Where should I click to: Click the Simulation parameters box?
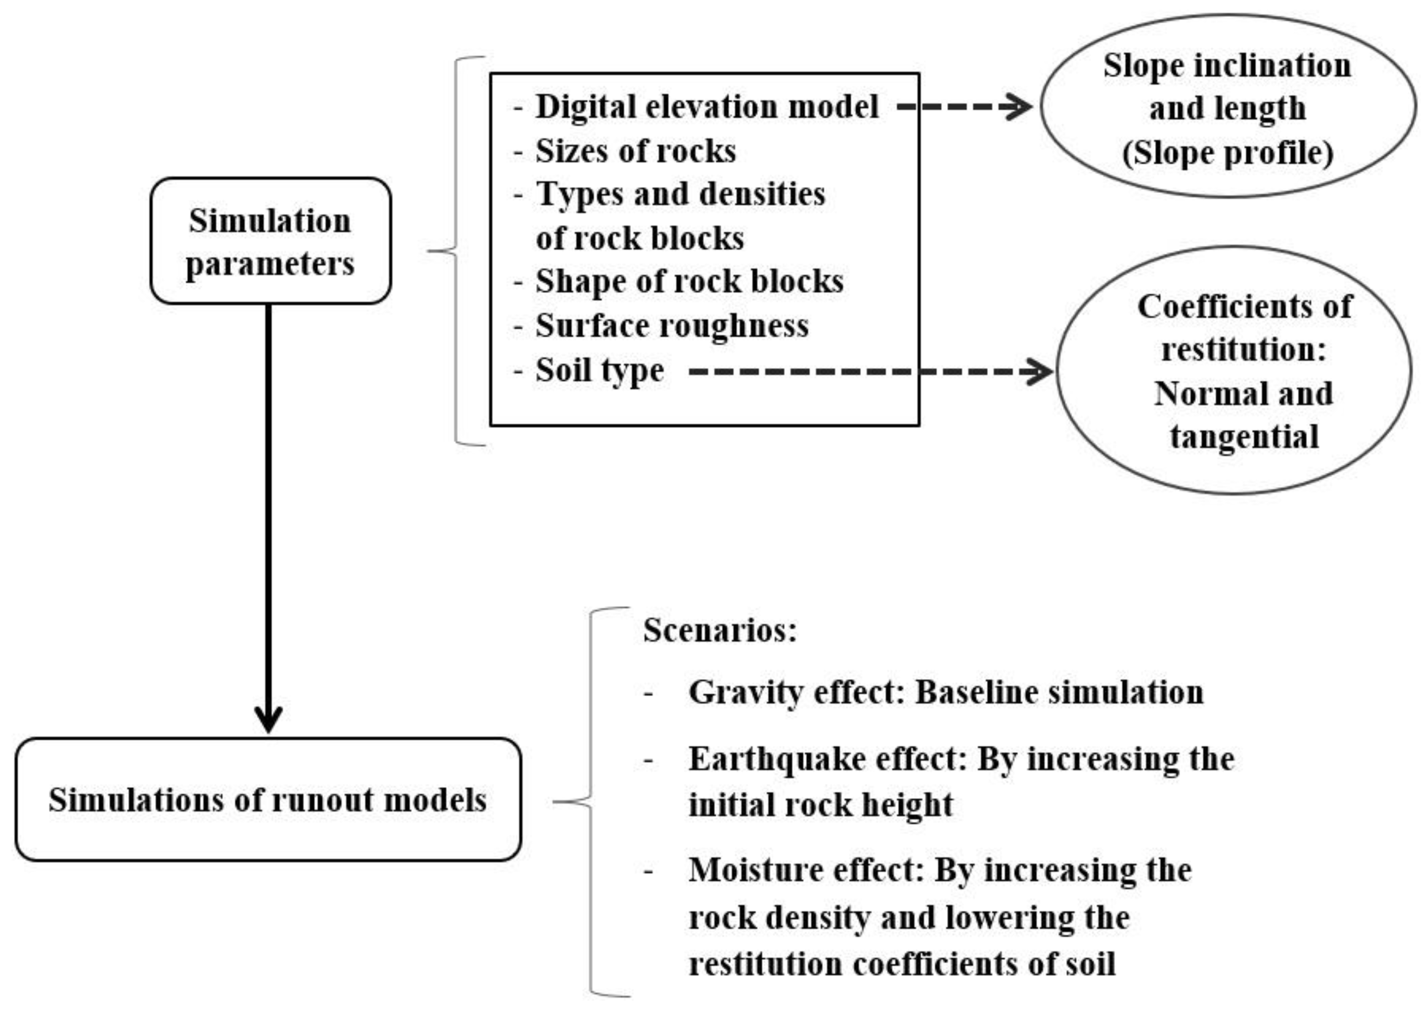tap(271, 241)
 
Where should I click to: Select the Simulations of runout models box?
tap(268, 800)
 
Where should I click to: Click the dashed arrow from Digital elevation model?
tap(964, 107)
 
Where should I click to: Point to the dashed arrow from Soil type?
tap(871, 372)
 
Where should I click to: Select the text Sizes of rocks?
tap(635, 151)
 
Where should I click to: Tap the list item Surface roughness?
tap(672, 326)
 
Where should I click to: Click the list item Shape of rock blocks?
tap(689, 282)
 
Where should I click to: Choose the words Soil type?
tap(599, 371)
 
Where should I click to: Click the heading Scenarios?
tap(719, 630)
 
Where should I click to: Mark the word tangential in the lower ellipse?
tap(1244, 437)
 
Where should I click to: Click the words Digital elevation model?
tap(707, 107)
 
